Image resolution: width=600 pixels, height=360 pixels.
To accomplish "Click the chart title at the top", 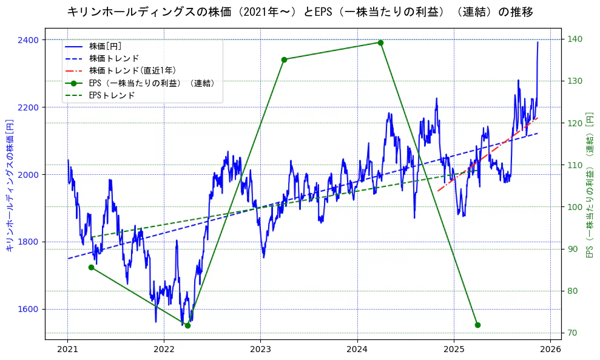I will [x=300, y=12].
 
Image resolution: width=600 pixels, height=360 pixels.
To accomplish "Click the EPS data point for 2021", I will [x=91, y=267].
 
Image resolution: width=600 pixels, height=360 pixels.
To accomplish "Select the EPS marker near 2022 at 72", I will [x=187, y=325].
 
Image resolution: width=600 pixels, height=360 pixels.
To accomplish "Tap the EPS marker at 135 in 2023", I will [x=284, y=59].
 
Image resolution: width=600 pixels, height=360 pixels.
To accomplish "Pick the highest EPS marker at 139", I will [x=380, y=42].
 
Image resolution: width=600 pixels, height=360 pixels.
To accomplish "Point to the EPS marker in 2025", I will [x=477, y=325].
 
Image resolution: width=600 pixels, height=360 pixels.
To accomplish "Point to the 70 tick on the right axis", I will [x=573, y=333].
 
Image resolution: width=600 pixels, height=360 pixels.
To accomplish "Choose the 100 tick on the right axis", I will [x=575, y=207].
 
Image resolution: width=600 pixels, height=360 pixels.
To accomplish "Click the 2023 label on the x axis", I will [x=260, y=350].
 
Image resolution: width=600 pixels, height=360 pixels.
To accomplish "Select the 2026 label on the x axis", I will [x=550, y=350].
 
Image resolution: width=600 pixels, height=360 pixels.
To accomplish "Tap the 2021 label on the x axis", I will [x=67, y=350].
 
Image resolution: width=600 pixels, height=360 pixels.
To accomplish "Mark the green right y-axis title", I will [x=589, y=185].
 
